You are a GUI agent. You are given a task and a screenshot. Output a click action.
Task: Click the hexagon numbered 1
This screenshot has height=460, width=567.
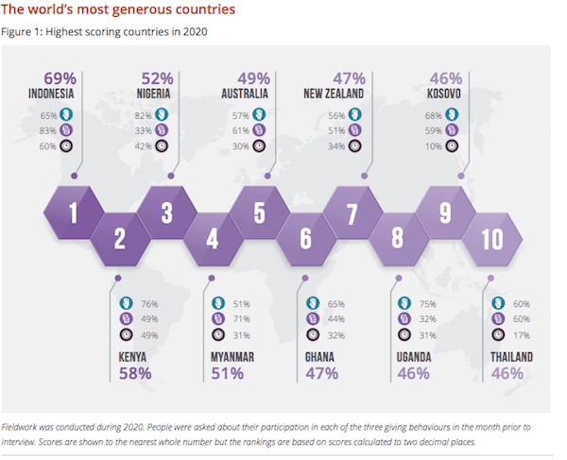pyautogui.click(x=73, y=213)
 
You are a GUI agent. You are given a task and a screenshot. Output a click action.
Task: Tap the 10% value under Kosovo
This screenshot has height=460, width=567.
pyautogui.click(x=437, y=145)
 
